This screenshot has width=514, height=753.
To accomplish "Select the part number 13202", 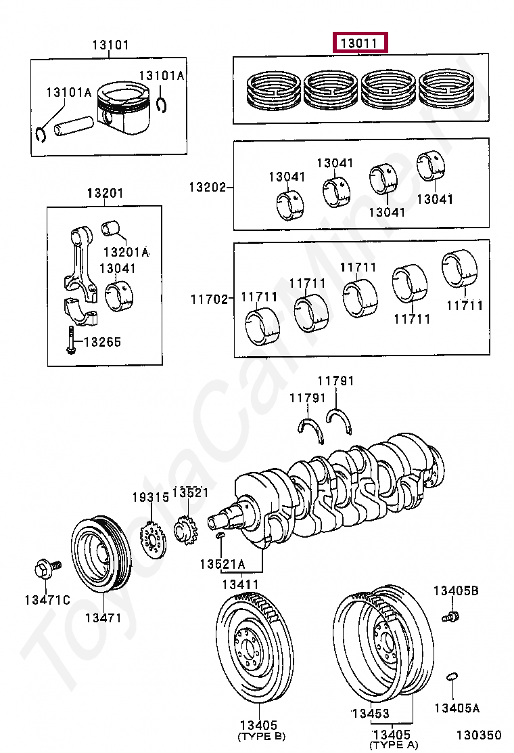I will click(x=207, y=187).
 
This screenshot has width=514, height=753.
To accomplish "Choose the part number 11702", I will click(x=207, y=298).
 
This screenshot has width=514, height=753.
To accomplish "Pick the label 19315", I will click(x=149, y=498).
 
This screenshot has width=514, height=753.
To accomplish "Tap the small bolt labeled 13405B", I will click(x=450, y=617).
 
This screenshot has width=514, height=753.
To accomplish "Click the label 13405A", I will click(x=457, y=708).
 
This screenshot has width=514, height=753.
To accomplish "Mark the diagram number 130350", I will click(x=478, y=735).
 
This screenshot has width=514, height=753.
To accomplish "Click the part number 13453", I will click(x=369, y=714).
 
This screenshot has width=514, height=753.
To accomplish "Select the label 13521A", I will click(x=222, y=563).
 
